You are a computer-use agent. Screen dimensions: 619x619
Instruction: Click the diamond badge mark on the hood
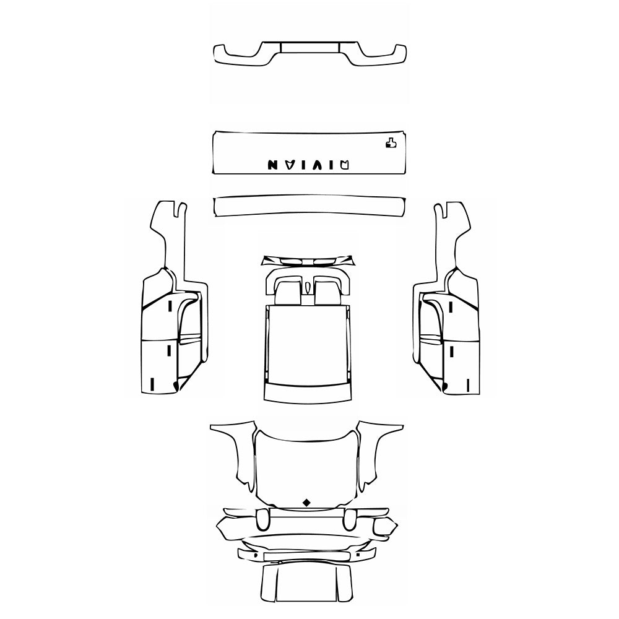(306, 502)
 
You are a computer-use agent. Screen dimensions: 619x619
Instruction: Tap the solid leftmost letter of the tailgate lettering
(273, 165)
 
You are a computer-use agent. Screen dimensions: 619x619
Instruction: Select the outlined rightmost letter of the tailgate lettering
(345, 164)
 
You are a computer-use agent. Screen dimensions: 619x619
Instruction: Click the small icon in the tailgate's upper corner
(390, 144)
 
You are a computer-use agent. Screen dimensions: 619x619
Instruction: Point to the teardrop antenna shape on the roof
(308, 287)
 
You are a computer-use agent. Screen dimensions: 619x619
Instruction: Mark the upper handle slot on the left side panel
(170, 306)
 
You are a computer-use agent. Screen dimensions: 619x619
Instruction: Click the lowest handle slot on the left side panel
(151, 384)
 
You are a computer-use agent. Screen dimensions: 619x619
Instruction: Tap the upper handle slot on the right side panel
(451, 306)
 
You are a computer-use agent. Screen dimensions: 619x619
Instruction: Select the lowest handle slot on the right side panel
(469, 384)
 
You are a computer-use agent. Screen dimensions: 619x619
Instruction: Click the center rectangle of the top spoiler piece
(309, 46)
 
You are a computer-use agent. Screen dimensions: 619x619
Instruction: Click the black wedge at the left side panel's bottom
(176, 386)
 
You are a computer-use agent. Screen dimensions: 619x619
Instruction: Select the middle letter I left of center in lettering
(300, 165)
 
